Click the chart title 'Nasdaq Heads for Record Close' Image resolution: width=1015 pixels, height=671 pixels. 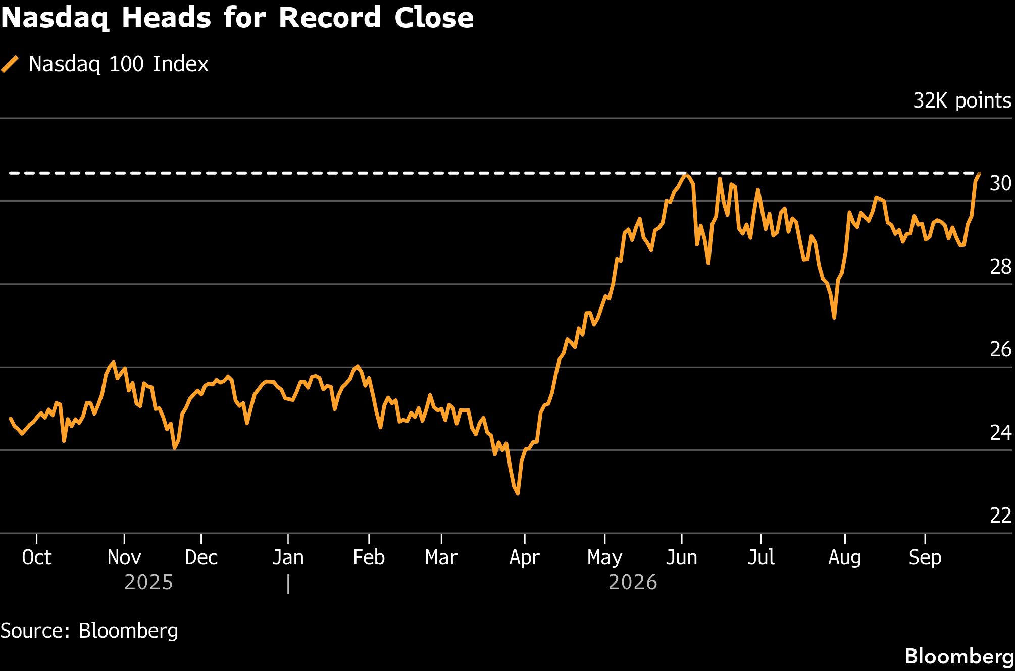237,18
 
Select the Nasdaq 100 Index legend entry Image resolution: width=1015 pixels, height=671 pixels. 105,64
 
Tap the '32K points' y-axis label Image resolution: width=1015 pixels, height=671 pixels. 962,101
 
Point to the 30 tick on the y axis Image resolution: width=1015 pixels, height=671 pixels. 1000,183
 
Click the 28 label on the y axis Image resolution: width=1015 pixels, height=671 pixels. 1000,266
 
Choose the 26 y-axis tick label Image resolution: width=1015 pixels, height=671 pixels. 1000,349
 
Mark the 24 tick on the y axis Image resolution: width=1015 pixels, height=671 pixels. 1000,432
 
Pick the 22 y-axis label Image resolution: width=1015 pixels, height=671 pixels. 1000,515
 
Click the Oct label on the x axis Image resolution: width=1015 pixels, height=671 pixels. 36,557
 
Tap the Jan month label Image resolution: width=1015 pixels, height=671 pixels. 288,557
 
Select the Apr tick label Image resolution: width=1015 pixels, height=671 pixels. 525,558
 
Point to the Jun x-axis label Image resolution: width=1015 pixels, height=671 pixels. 681,557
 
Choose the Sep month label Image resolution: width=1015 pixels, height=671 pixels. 925,558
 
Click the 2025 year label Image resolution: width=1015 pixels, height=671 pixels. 148,582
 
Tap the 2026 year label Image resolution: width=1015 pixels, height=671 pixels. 633,582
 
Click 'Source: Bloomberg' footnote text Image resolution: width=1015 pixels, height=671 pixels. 89,631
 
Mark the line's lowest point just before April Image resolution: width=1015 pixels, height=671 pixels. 518,493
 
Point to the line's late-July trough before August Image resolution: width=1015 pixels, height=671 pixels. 834,318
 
